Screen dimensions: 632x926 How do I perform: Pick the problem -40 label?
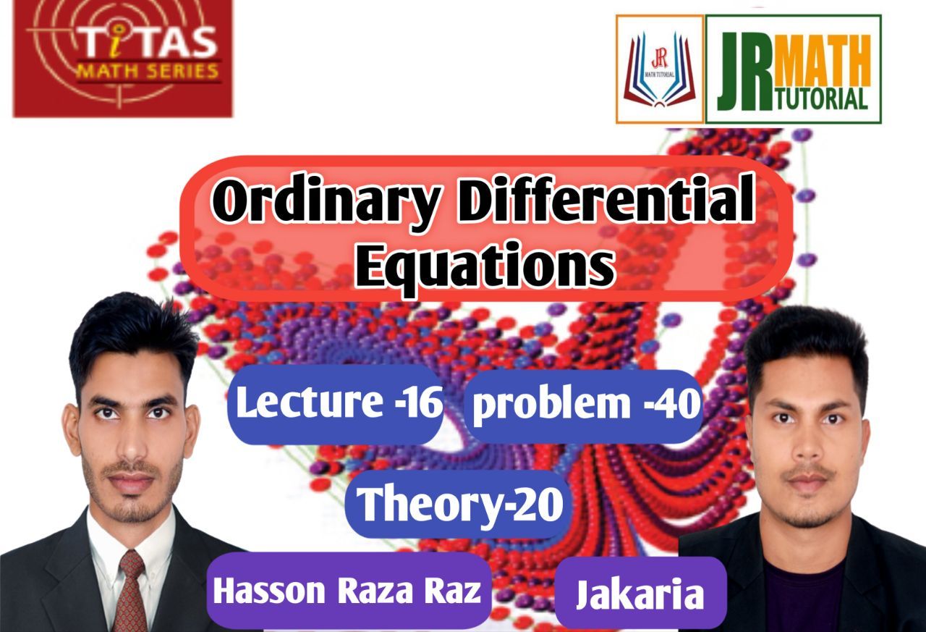tap(585, 405)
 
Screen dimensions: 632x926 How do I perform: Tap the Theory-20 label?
tap(460, 504)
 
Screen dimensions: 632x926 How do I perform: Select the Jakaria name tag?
tap(640, 594)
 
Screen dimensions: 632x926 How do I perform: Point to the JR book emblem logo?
tap(659, 69)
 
